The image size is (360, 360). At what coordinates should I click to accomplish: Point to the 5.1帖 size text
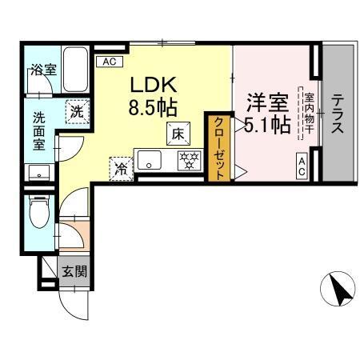[264, 125]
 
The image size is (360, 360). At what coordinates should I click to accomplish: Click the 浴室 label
[44, 70]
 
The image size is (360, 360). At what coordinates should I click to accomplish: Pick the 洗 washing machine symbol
[75, 112]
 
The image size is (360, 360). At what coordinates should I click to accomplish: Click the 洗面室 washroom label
[39, 130]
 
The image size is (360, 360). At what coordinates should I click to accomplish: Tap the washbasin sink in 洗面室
[38, 173]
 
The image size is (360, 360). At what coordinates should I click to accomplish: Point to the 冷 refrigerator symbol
[120, 168]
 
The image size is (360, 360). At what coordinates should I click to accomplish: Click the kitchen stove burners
[187, 160]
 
